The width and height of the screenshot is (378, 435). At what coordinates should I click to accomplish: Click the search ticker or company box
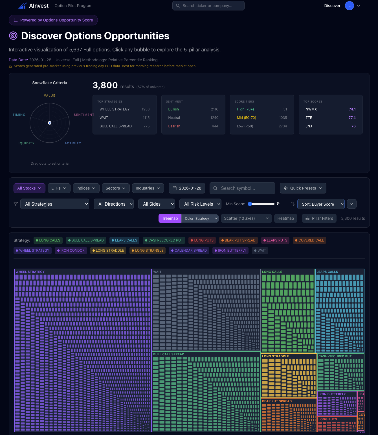pos(208,6)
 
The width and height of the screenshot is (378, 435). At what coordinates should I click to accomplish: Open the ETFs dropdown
pos(59,188)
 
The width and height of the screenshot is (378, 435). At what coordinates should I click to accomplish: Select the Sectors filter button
pos(115,188)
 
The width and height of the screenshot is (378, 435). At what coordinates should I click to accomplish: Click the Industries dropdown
pos(148,188)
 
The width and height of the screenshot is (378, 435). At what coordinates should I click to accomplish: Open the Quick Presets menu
pos(303,188)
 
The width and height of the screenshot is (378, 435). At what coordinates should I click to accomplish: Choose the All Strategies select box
pos(55,204)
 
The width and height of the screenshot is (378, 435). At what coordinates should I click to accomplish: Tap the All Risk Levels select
pos(200,204)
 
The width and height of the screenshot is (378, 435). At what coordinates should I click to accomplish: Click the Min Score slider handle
pos(250,204)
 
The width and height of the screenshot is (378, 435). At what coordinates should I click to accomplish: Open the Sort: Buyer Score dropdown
pos(321,204)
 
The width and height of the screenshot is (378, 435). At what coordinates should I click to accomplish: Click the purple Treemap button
pos(170,218)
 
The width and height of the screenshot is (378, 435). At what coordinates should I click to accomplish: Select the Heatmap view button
pos(285,218)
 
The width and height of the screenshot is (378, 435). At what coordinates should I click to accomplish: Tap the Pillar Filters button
pos(319,218)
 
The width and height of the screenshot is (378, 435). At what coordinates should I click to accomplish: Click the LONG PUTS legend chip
pos(202,240)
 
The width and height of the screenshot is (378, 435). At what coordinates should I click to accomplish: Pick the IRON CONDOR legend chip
pos(71,251)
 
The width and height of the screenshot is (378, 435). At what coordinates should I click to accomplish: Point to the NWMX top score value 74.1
pos(352,109)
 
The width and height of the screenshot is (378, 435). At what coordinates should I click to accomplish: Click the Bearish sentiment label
pos(174,126)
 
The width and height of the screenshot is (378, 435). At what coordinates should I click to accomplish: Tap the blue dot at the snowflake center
pos(50,123)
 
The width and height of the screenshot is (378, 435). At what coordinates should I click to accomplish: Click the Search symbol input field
pos(242,188)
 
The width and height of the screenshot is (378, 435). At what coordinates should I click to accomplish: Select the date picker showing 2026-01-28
pos(187,188)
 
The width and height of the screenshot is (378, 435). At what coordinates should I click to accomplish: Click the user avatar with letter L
pos(349,6)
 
